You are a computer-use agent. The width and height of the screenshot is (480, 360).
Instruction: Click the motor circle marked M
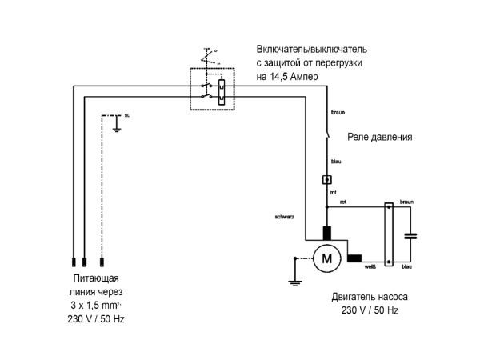pos(326,258)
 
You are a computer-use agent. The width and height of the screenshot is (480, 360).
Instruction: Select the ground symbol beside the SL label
pos(117,126)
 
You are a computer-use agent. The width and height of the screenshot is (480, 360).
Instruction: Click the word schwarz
pos(285,217)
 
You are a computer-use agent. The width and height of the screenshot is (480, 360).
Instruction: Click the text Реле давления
pos(380,137)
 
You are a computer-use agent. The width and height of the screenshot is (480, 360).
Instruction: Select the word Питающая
pos(95,281)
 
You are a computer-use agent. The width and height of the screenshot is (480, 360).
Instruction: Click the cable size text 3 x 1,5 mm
pos(94,306)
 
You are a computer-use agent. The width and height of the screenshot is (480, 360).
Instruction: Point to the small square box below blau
pos(326,180)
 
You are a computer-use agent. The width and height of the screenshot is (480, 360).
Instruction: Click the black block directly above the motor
pos(326,233)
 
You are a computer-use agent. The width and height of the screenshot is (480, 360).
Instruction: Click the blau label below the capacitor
pos(406,266)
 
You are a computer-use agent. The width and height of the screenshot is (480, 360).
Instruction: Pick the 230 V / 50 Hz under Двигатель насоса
pos(370,310)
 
